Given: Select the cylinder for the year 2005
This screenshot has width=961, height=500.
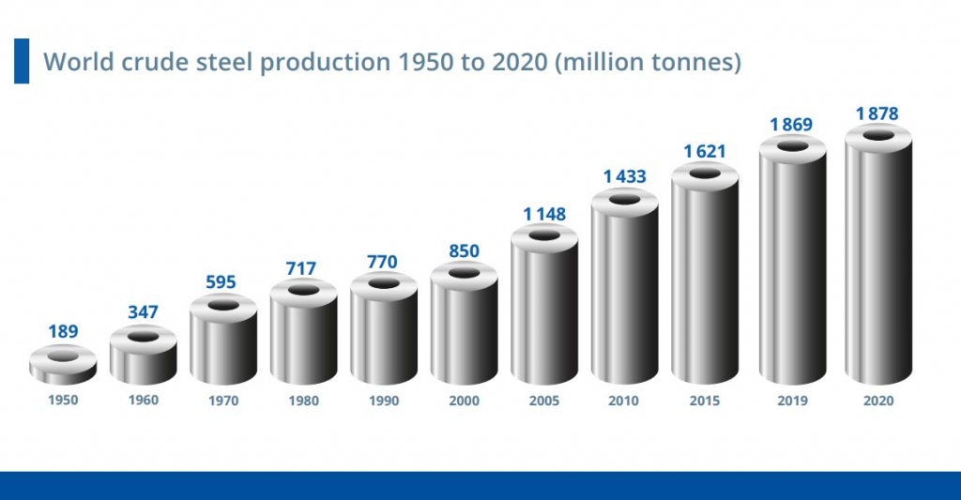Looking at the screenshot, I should click(543, 310).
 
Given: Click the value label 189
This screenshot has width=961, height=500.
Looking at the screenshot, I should click(63, 331).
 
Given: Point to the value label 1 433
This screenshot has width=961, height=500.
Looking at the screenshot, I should click(624, 175).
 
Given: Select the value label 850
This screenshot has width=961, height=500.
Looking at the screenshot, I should click(464, 250).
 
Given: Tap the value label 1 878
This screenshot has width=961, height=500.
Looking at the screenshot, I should click(877, 114).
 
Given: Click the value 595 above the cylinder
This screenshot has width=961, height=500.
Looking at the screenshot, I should click(222, 281).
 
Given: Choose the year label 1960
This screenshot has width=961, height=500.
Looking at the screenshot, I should click(144, 400).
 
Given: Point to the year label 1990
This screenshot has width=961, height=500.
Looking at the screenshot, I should click(384, 400).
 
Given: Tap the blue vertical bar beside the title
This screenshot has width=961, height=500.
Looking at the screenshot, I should click(22, 61).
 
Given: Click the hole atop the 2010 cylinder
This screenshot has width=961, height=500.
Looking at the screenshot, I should click(624, 198).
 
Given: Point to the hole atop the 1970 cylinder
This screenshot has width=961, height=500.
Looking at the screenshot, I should click(223, 305).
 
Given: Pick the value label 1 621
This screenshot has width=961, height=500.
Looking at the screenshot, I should click(704, 150).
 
